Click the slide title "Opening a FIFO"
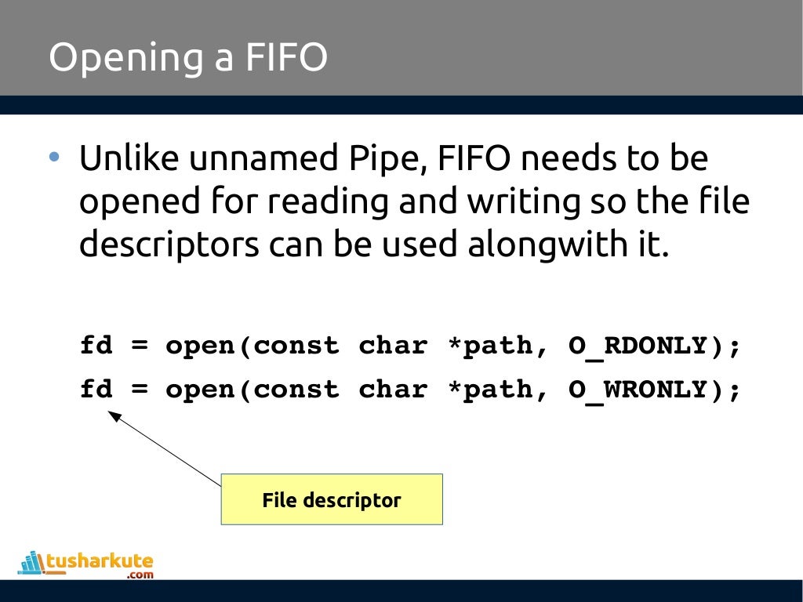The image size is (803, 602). tap(188, 58)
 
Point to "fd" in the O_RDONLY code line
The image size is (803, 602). tap(96, 346)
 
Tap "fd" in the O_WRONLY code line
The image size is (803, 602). tap(96, 390)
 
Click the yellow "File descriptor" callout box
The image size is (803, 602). tap(332, 499)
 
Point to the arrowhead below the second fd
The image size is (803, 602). tap(114, 417)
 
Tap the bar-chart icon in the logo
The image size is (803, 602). tap(31, 563)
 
